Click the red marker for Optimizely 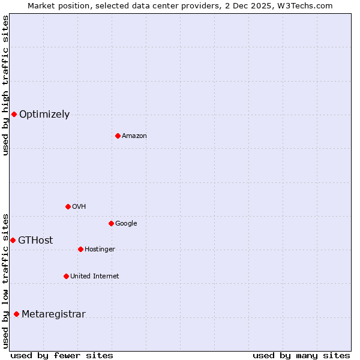(x=14, y=114)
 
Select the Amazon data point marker (x=118, y=136)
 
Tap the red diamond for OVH (x=68, y=206)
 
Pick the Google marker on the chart (x=111, y=223)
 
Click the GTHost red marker (x=13, y=240)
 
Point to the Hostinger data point (x=80, y=249)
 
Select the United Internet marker (x=66, y=276)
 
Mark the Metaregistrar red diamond (x=16, y=314)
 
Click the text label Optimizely (x=44, y=114)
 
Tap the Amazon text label (x=134, y=136)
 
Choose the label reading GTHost (x=35, y=240)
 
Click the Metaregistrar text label (x=53, y=314)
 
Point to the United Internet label (x=94, y=276)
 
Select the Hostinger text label (x=100, y=249)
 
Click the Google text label (x=126, y=223)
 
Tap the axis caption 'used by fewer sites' (x=62, y=355)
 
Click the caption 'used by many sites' (x=301, y=355)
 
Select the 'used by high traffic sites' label (x=5, y=85)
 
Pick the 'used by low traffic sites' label (x=5, y=281)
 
